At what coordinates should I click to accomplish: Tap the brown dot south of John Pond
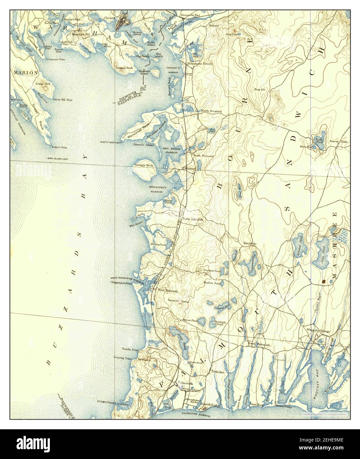tap(324, 282)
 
